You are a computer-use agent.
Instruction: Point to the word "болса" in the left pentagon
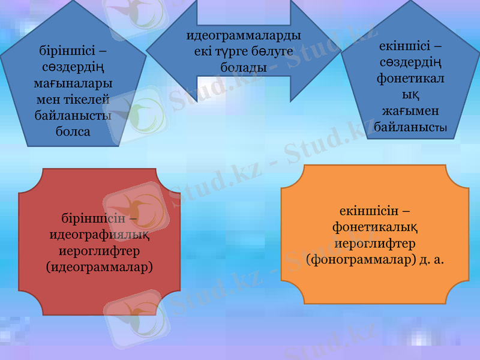click(x=73, y=131)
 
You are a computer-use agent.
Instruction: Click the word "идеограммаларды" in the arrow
click(x=244, y=36)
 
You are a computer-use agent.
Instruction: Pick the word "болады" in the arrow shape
click(x=244, y=67)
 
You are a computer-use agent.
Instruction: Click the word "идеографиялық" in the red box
click(x=99, y=235)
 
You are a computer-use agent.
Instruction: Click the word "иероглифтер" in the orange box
click(x=375, y=244)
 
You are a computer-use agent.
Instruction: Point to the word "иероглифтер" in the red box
click(x=99, y=251)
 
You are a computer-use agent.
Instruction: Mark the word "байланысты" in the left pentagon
click(x=73, y=115)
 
